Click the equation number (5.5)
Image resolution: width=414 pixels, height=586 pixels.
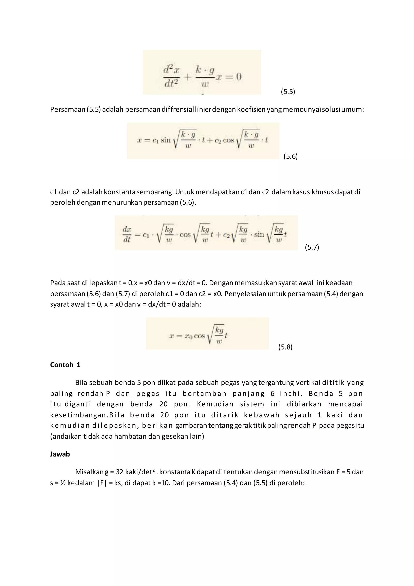point(288,92)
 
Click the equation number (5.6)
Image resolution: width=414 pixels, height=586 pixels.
point(290,156)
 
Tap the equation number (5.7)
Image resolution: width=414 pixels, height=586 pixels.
point(312,247)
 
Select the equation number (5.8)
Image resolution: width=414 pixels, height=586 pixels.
point(285,347)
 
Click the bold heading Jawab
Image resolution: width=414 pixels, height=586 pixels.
point(60,454)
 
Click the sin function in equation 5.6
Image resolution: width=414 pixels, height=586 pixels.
point(165,140)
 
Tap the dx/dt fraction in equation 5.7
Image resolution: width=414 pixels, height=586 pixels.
point(127,234)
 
